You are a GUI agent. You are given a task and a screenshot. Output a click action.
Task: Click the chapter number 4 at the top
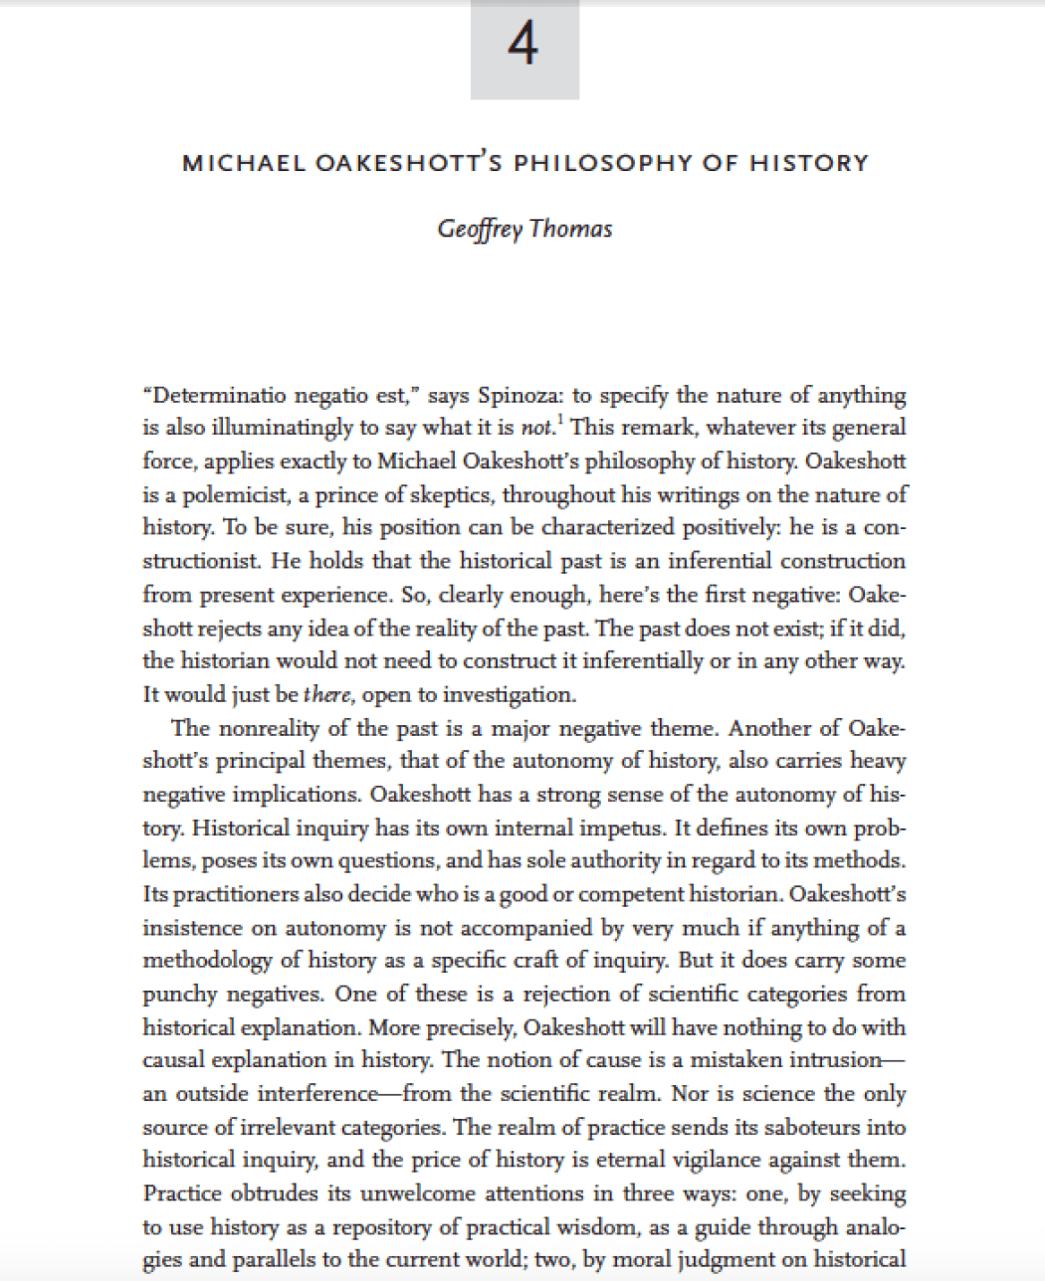click(523, 44)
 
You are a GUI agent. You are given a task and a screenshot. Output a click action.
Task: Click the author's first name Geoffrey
click(480, 229)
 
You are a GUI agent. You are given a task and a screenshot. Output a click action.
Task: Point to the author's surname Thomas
click(571, 229)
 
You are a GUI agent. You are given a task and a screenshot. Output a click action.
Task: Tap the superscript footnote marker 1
click(553, 422)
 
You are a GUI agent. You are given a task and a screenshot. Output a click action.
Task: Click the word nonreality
click(271, 728)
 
